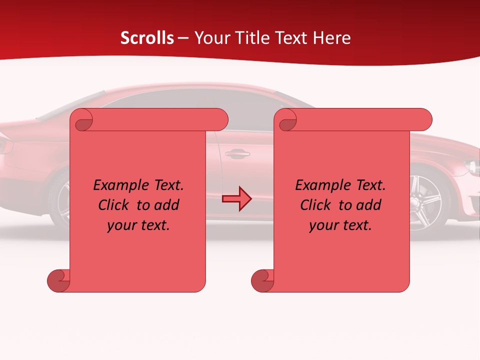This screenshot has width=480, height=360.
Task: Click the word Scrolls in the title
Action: [x=147, y=38]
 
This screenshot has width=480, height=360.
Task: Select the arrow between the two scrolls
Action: [x=236, y=199]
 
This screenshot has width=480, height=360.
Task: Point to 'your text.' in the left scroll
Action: [x=138, y=225]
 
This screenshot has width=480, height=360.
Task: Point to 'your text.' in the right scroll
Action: [x=340, y=225]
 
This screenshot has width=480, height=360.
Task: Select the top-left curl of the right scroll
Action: [x=287, y=120]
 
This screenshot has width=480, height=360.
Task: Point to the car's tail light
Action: [x=5, y=145]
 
